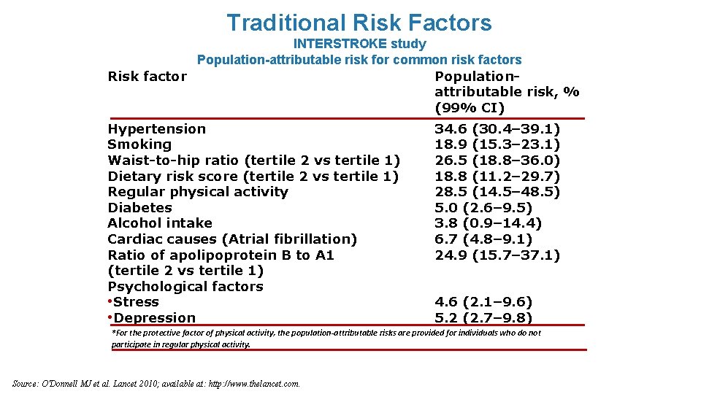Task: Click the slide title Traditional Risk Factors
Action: click(359, 23)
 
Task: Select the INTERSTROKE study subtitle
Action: click(359, 44)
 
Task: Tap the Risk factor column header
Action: click(147, 77)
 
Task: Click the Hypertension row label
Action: click(156, 129)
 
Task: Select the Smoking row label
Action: click(139, 144)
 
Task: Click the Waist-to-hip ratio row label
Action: click(253, 161)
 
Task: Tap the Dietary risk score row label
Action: click(253, 176)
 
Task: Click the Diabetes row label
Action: click(139, 208)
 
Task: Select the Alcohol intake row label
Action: click(160, 223)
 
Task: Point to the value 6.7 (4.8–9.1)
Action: click(483, 239)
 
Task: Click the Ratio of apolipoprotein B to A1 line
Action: click(221, 255)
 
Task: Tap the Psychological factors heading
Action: click(185, 287)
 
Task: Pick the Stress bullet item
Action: click(135, 302)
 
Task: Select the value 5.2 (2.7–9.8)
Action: click(483, 318)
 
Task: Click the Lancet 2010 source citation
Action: click(156, 384)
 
